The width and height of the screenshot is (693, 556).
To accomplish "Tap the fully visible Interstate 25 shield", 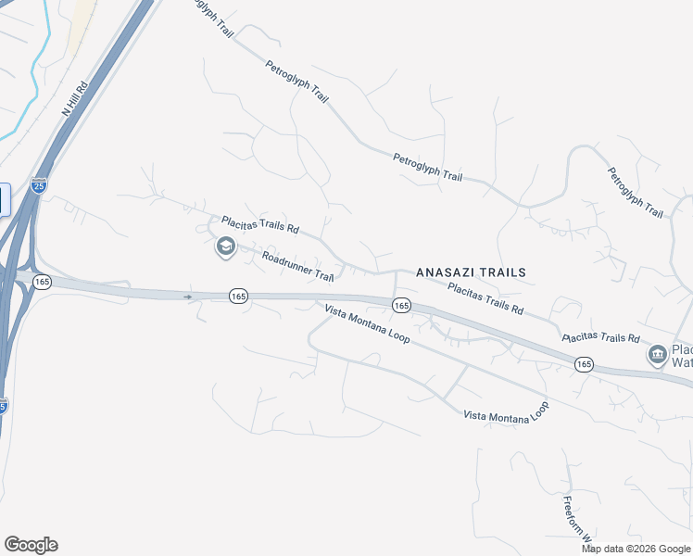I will pos(39,185).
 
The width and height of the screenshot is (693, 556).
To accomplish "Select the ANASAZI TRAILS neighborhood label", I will pos(471,272).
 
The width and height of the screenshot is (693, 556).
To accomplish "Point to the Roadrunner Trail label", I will pos(297,266).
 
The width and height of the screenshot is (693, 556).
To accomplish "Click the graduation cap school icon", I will pos(224,247).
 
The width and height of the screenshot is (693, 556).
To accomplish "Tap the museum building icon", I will pos(657,355).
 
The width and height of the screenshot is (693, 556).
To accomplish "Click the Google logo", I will pos(31,545).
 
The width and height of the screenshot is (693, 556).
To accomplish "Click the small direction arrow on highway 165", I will pos(189,297).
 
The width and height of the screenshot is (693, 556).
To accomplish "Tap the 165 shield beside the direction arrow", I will pos(238,296).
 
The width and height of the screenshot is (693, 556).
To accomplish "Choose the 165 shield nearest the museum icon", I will pos(583,364).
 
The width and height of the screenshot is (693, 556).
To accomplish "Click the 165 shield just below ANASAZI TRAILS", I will pos(400,305).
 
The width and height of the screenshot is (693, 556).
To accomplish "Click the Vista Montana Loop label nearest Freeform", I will pos(505,412).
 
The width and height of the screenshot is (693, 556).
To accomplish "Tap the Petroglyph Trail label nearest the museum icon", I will pos(636,193).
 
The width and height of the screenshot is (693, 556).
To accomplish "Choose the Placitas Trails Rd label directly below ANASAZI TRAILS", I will pos(485,297).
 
